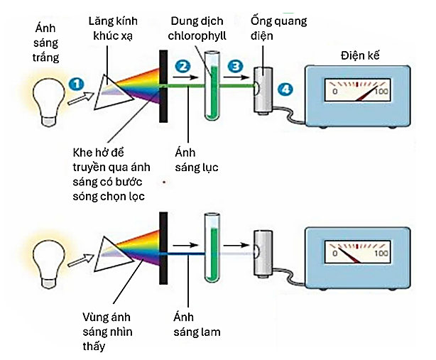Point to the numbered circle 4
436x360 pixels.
(285, 89)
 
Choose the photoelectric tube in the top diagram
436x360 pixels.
(264, 91)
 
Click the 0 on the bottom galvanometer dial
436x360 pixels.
(336, 253)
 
